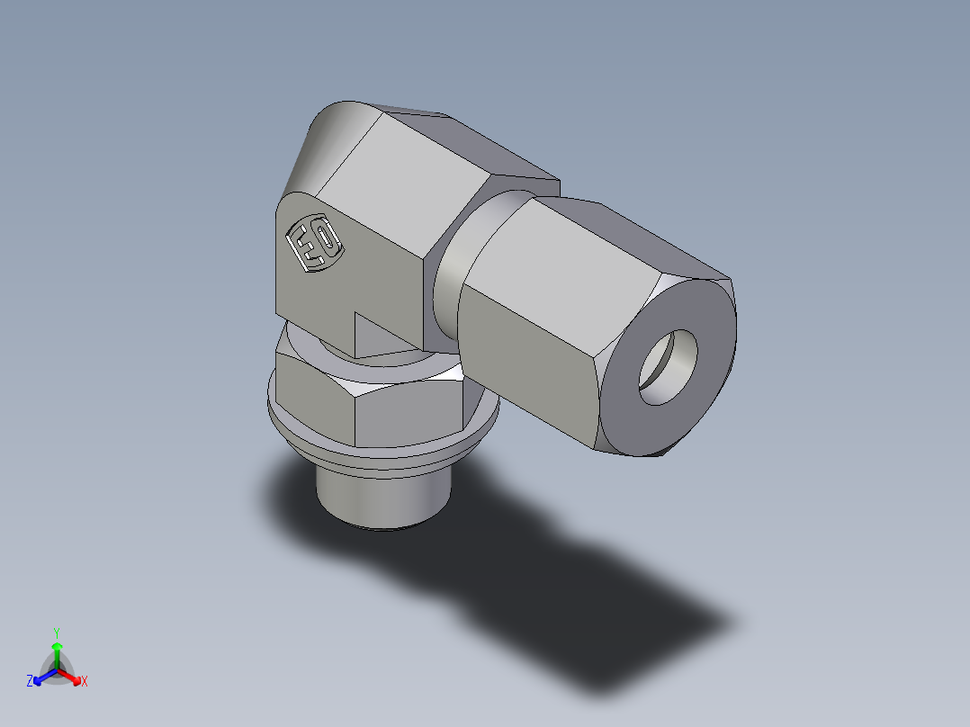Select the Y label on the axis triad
pyautogui.click(x=56, y=632)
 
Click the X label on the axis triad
pyautogui.click(x=85, y=682)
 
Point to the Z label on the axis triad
pyautogui.click(x=30, y=682)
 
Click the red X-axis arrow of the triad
pyautogui.click(x=72, y=677)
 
